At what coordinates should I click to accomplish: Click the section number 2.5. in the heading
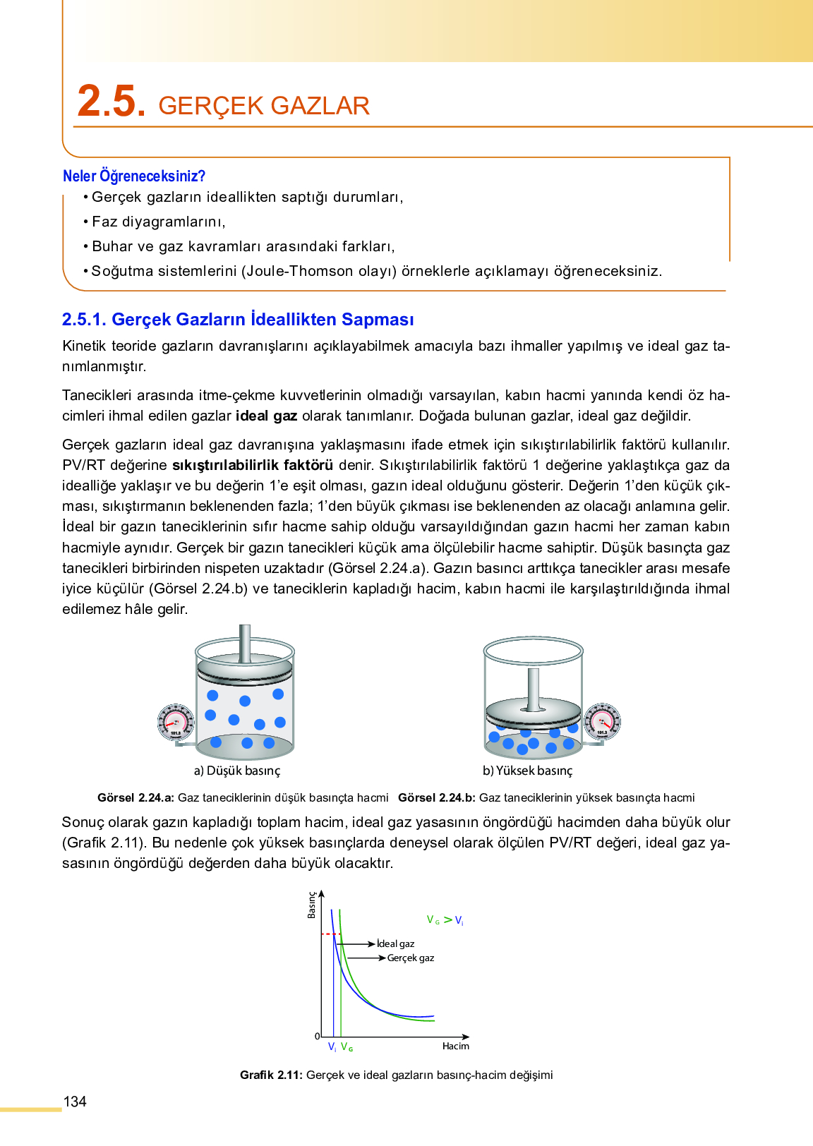click(112, 101)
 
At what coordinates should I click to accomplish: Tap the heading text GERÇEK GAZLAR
click(264, 106)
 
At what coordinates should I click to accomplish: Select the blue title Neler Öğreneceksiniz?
click(134, 176)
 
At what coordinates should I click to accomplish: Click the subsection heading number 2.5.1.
click(84, 320)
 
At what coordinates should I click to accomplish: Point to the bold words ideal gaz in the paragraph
click(266, 416)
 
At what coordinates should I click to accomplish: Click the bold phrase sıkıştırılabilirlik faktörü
click(253, 465)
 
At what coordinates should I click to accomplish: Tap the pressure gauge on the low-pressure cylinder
click(175, 723)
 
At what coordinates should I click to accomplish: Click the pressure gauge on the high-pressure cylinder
click(602, 721)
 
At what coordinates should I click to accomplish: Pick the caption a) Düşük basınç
click(237, 771)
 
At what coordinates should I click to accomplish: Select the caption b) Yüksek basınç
click(528, 771)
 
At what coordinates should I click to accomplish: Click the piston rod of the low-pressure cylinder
click(245, 642)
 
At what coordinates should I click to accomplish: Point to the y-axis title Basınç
click(312, 905)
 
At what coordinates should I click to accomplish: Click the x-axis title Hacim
click(456, 1046)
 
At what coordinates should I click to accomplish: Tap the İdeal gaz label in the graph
click(396, 943)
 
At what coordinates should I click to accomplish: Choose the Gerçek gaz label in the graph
click(411, 958)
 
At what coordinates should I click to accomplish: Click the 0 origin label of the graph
click(317, 1036)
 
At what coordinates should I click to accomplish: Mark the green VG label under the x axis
click(347, 1047)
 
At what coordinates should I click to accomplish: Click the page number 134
click(75, 1102)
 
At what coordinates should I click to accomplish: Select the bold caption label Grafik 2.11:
click(271, 1075)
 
